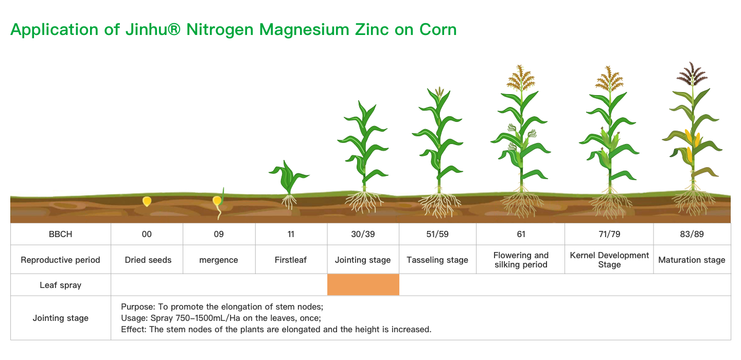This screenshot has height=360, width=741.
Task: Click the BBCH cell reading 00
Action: (x=147, y=234)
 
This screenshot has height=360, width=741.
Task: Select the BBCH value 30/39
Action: (x=363, y=234)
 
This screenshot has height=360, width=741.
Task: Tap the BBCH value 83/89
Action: (x=692, y=234)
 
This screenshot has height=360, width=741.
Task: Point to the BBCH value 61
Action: (x=521, y=234)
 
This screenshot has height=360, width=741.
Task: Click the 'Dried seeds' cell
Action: (x=148, y=260)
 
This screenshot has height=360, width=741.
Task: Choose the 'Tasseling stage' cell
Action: (x=437, y=260)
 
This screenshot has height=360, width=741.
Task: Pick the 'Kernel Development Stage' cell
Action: (x=609, y=260)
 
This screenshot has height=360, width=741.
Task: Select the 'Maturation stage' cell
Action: (x=692, y=260)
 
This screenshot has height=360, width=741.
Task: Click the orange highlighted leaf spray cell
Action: (x=363, y=284)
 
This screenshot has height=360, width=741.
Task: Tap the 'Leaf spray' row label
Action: (x=61, y=285)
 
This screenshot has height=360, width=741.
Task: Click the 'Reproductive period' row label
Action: (x=60, y=260)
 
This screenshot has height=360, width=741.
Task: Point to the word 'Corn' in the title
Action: (x=438, y=29)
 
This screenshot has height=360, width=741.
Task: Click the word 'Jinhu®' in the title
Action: (x=153, y=29)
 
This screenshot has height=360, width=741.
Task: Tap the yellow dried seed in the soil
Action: (x=147, y=201)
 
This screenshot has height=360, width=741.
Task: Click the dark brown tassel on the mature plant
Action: (x=692, y=74)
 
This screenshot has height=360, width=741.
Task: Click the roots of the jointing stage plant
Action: (x=364, y=202)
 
